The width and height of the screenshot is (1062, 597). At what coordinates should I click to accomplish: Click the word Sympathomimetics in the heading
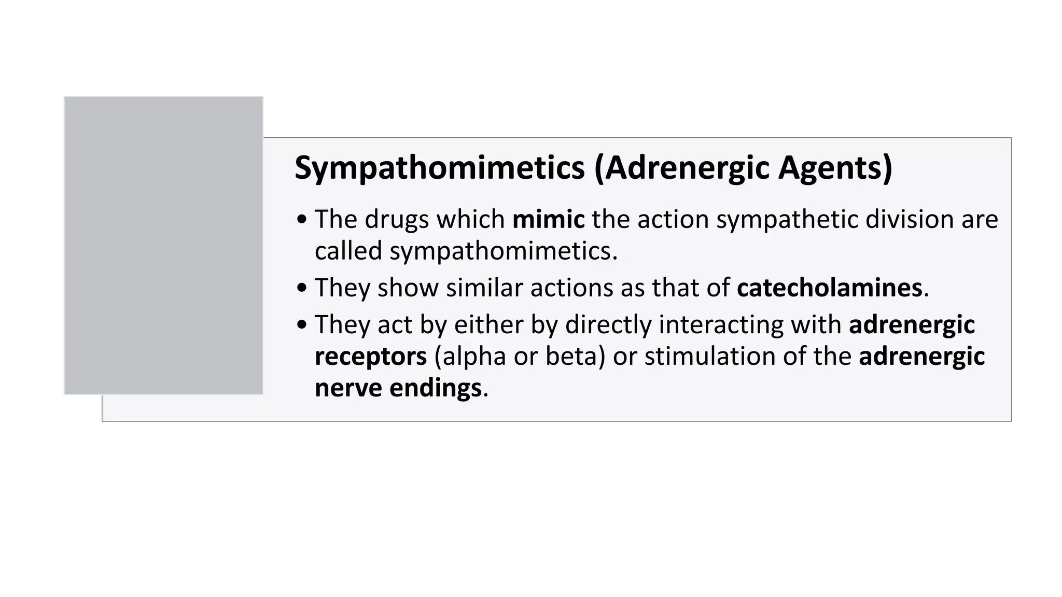point(439,168)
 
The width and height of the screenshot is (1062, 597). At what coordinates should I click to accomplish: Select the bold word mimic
point(548,219)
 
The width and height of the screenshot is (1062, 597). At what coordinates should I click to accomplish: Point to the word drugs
point(396,219)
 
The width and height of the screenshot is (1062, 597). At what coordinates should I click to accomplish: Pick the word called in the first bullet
point(348,251)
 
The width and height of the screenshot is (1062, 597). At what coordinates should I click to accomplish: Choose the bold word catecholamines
point(829,288)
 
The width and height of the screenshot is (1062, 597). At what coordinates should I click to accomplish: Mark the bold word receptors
point(371,357)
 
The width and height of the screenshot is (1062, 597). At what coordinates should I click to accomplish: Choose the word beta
point(575,357)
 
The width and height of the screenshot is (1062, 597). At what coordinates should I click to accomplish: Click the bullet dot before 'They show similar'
point(302,289)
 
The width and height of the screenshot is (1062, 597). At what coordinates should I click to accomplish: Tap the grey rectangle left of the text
point(163,245)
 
